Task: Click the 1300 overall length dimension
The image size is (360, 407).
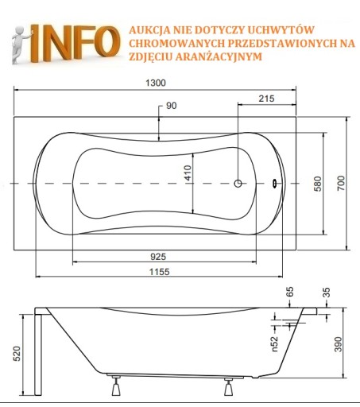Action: [156, 83]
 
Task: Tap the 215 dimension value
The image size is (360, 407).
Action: [266, 99]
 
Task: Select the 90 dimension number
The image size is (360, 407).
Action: [172, 106]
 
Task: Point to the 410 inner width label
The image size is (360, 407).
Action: [188, 172]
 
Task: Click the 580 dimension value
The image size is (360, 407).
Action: [318, 184]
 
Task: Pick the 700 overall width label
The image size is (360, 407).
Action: [341, 183]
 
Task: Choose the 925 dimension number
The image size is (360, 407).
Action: [158, 257]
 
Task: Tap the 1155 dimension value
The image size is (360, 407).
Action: [159, 272]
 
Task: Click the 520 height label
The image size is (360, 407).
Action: [17, 354]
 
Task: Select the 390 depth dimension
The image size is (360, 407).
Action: [338, 344]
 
